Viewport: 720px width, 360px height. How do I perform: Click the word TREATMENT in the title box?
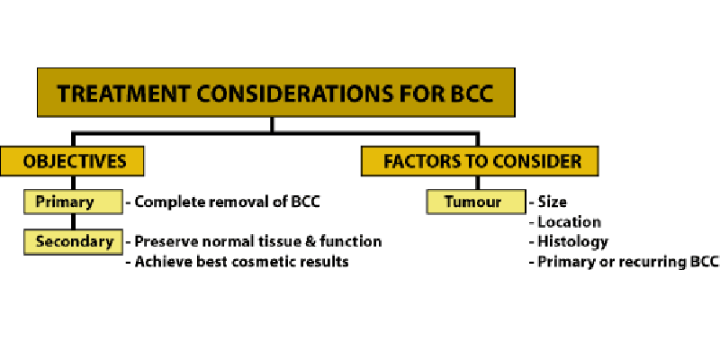click(x=122, y=94)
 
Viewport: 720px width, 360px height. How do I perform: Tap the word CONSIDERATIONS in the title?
click(x=294, y=94)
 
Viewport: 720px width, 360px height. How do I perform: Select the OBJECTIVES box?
click(x=72, y=161)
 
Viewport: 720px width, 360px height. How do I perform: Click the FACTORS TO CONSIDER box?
click(x=480, y=161)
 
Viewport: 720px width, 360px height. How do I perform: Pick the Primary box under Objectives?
click(x=74, y=202)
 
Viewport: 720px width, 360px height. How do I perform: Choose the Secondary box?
click(x=74, y=241)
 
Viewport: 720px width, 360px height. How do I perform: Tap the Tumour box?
click(x=476, y=202)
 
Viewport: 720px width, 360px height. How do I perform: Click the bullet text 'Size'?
click(x=552, y=202)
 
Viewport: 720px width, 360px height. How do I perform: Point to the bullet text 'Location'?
click(x=570, y=222)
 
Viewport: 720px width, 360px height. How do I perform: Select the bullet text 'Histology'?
click(x=573, y=242)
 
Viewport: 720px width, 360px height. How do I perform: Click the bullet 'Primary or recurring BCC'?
click(x=627, y=262)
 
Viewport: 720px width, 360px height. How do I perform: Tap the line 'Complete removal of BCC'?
click(x=228, y=202)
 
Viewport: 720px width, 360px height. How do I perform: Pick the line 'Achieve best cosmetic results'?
click(x=241, y=262)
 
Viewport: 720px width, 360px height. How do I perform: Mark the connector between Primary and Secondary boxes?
click(x=73, y=221)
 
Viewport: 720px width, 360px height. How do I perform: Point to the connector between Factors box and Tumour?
click(x=477, y=183)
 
